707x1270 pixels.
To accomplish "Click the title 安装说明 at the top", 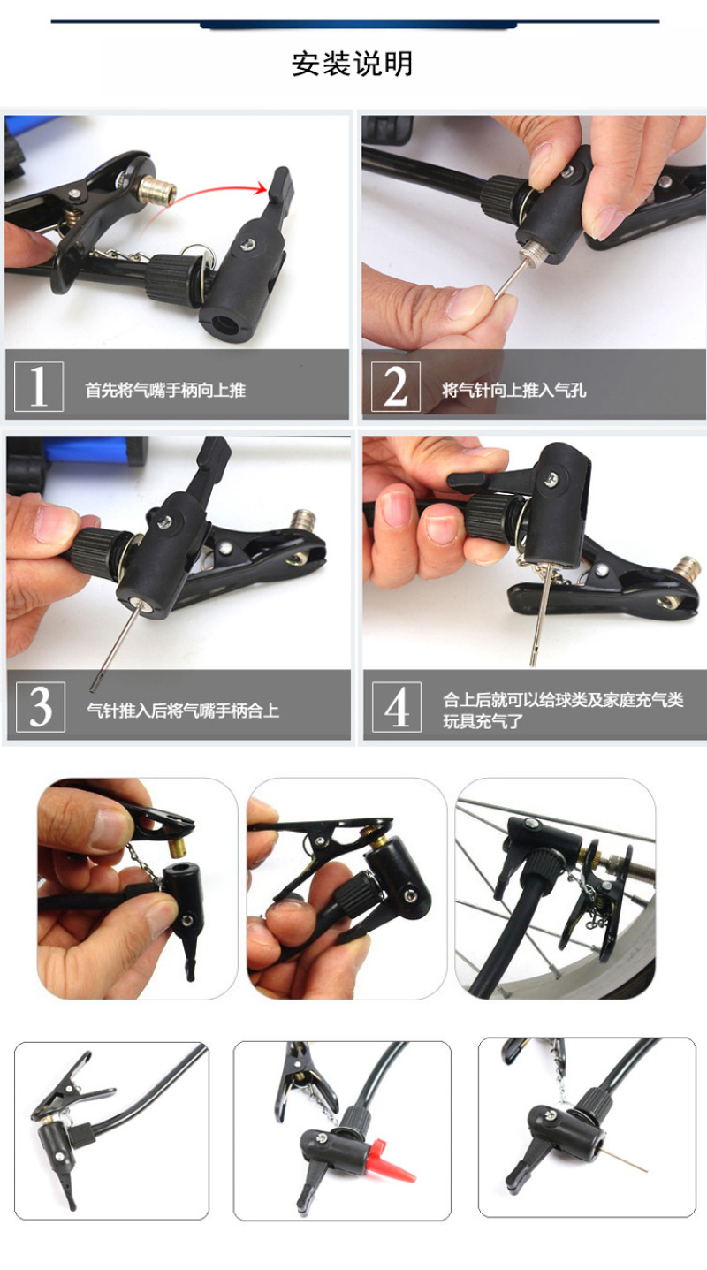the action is [352, 64].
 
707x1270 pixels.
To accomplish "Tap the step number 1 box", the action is [39, 386].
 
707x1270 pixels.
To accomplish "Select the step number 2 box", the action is [396, 386].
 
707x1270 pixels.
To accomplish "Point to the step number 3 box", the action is [41, 707].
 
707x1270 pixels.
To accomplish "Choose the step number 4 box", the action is [397, 707].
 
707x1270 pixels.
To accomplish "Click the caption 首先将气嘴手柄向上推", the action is [165, 390].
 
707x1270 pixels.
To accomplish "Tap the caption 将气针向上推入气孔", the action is [514, 390].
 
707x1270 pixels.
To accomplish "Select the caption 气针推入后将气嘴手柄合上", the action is [183, 711].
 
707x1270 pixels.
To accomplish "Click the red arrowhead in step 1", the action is [262, 189].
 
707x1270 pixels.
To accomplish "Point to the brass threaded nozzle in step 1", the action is [157, 192].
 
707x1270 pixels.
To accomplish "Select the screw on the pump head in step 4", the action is [549, 480].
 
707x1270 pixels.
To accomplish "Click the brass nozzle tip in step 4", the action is [688, 567].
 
